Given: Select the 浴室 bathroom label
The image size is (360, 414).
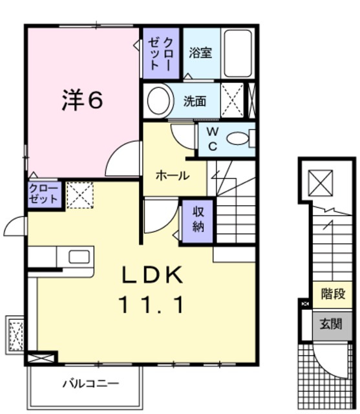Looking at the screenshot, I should click(200, 53).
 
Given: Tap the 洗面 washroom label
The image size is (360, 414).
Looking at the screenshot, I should click(195, 101).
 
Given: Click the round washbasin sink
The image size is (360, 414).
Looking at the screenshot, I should click(158, 100).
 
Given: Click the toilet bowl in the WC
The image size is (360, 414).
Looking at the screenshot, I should click(240, 138).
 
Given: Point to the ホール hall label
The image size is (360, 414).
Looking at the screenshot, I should click(172, 175).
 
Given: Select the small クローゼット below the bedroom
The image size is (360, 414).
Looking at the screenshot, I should click(44, 194).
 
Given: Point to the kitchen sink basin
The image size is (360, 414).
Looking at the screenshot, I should click(79, 254).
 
